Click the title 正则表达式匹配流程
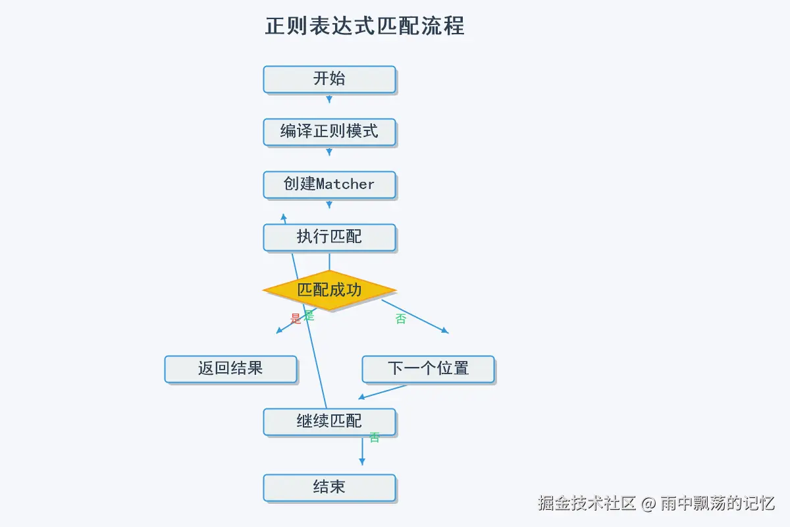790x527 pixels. coord(365,26)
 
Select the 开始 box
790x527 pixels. coord(329,79)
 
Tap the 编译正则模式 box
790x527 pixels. coord(329,132)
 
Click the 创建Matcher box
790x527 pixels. coord(329,184)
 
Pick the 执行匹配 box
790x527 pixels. coord(329,237)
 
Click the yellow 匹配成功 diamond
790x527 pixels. coord(329,290)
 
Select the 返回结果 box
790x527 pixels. coord(230,369)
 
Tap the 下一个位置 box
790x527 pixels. coord(428,369)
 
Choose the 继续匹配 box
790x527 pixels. coord(329,422)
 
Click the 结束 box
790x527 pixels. coord(329,488)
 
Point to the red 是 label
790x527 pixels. coord(296,319)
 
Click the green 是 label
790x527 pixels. coord(309,316)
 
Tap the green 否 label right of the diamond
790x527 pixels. coord(401,319)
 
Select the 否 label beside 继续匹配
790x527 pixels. coord(375,437)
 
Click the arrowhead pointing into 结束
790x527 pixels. coord(361,462)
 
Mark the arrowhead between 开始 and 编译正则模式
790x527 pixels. coord(329,100)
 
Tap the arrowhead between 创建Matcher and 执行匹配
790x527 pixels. coord(329,206)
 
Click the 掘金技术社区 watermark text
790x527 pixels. coord(587,504)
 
